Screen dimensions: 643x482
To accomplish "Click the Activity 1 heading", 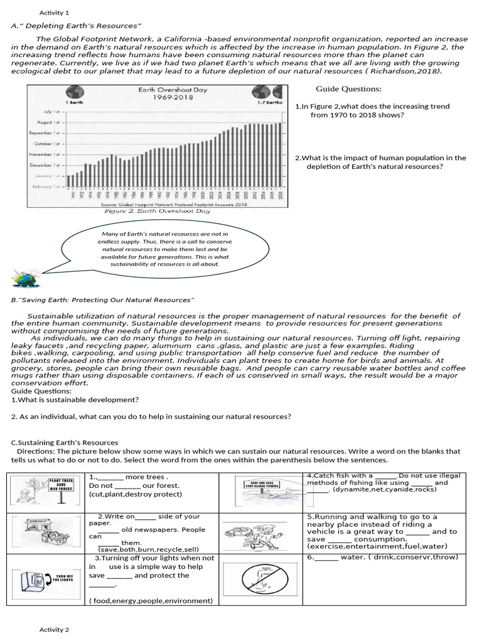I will pyautogui.click(x=54, y=13).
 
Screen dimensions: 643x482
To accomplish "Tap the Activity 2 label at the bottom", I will pyautogui.click(x=54, y=629).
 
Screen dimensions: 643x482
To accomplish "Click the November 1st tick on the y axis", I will pyautogui.click(x=50, y=154).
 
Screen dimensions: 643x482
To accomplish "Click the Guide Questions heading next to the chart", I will pyautogui.click(x=348, y=89).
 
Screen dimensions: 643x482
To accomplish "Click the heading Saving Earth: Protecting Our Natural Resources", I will pyautogui.click(x=103, y=300).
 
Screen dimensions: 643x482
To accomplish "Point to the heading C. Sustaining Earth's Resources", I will pyautogui.click(x=60, y=443).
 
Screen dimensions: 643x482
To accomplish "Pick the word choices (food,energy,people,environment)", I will pyautogui.click(x=151, y=600).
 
